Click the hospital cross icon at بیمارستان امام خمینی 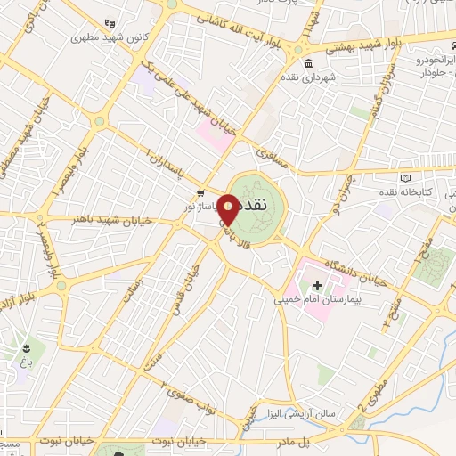317,284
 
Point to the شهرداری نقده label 308,77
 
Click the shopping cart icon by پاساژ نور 201,192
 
